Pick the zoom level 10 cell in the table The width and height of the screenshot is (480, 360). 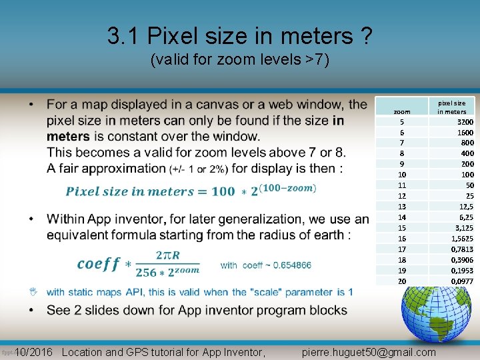[x=402, y=175]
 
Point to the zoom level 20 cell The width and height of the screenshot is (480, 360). [x=402, y=281]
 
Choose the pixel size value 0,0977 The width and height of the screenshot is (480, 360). [x=462, y=281]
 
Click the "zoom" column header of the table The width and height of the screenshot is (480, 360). [x=402, y=111]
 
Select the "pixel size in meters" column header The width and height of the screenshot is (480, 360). [x=451, y=107]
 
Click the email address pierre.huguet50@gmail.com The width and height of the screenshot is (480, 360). [x=369, y=352]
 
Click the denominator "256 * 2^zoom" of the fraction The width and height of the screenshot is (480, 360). [x=167, y=272]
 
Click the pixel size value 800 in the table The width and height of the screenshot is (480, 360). [x=466, y=143]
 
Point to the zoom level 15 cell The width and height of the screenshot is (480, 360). [x=402, y=228]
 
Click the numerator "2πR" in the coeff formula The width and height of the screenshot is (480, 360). [x=167, y=255]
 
